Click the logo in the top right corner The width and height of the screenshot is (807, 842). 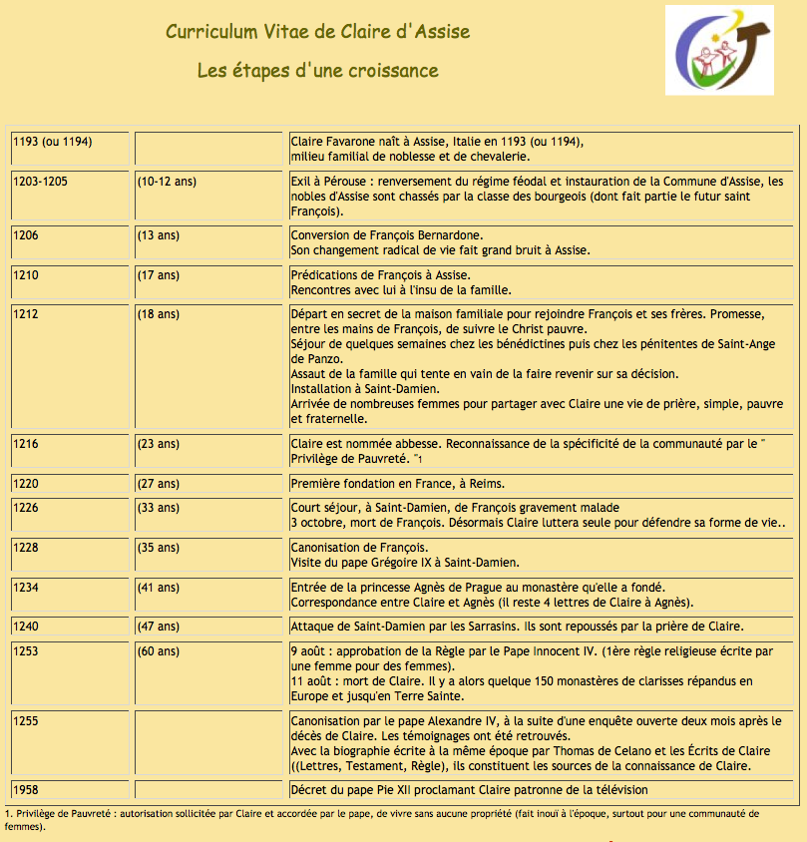(x=718, y=49)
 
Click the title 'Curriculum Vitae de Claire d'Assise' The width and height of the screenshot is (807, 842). (x=317, y=32)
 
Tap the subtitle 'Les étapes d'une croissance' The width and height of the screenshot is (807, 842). (x=317, y=71)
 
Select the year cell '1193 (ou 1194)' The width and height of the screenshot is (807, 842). (x=53, y=142)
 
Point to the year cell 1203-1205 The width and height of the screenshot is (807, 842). (x=41, y=182)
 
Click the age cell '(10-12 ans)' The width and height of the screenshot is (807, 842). (x=167, y=182)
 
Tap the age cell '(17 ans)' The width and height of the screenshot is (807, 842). (x=159, y=274)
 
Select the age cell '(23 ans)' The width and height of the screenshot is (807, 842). (x=159, y=443)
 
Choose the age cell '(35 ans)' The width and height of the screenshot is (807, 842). (x=159, y=547)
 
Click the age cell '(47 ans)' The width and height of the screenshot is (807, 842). (x=159, y=627)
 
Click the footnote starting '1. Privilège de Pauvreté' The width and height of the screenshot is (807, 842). (x=379, y=819)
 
